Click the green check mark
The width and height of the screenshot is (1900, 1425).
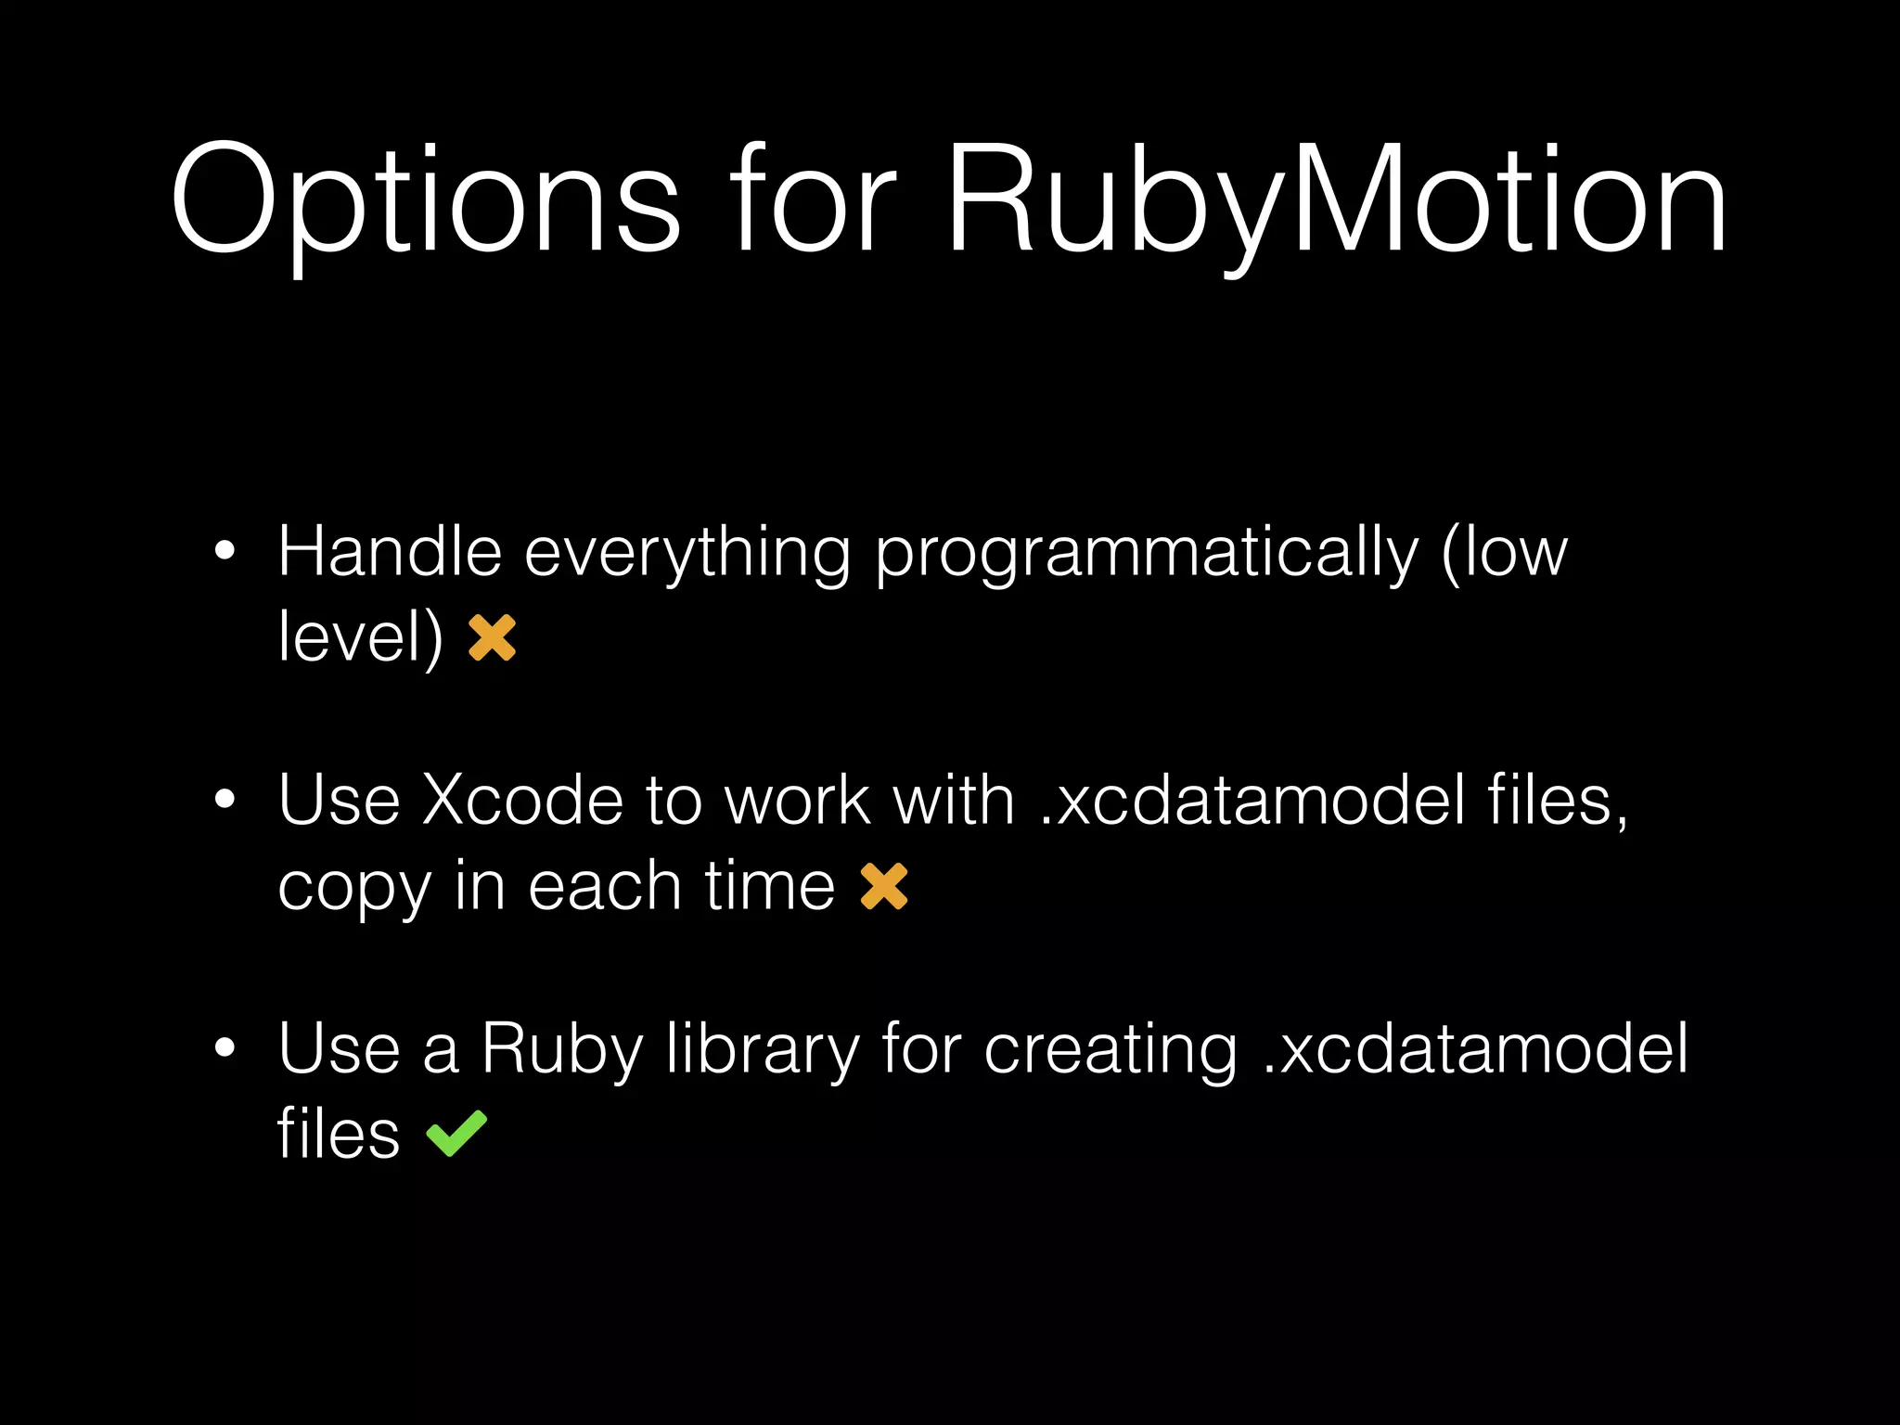(x=456, y=1133)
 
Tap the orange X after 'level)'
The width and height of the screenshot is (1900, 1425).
(x=492, y=637)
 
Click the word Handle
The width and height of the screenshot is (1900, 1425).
(x=390, y=552)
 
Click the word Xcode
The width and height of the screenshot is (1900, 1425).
(x=522, y=800)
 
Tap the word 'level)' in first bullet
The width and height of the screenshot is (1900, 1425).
(x=360, y=638)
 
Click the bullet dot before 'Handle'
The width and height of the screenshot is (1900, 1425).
(x=225, y=551)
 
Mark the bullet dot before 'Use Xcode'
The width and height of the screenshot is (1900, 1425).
(x=225, y=799)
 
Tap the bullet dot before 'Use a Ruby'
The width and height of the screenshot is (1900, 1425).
(x=225, y=1047)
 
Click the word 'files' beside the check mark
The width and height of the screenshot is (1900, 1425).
(x=339, y=1133)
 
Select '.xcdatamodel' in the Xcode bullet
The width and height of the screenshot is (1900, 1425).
(x=1252, y=800)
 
